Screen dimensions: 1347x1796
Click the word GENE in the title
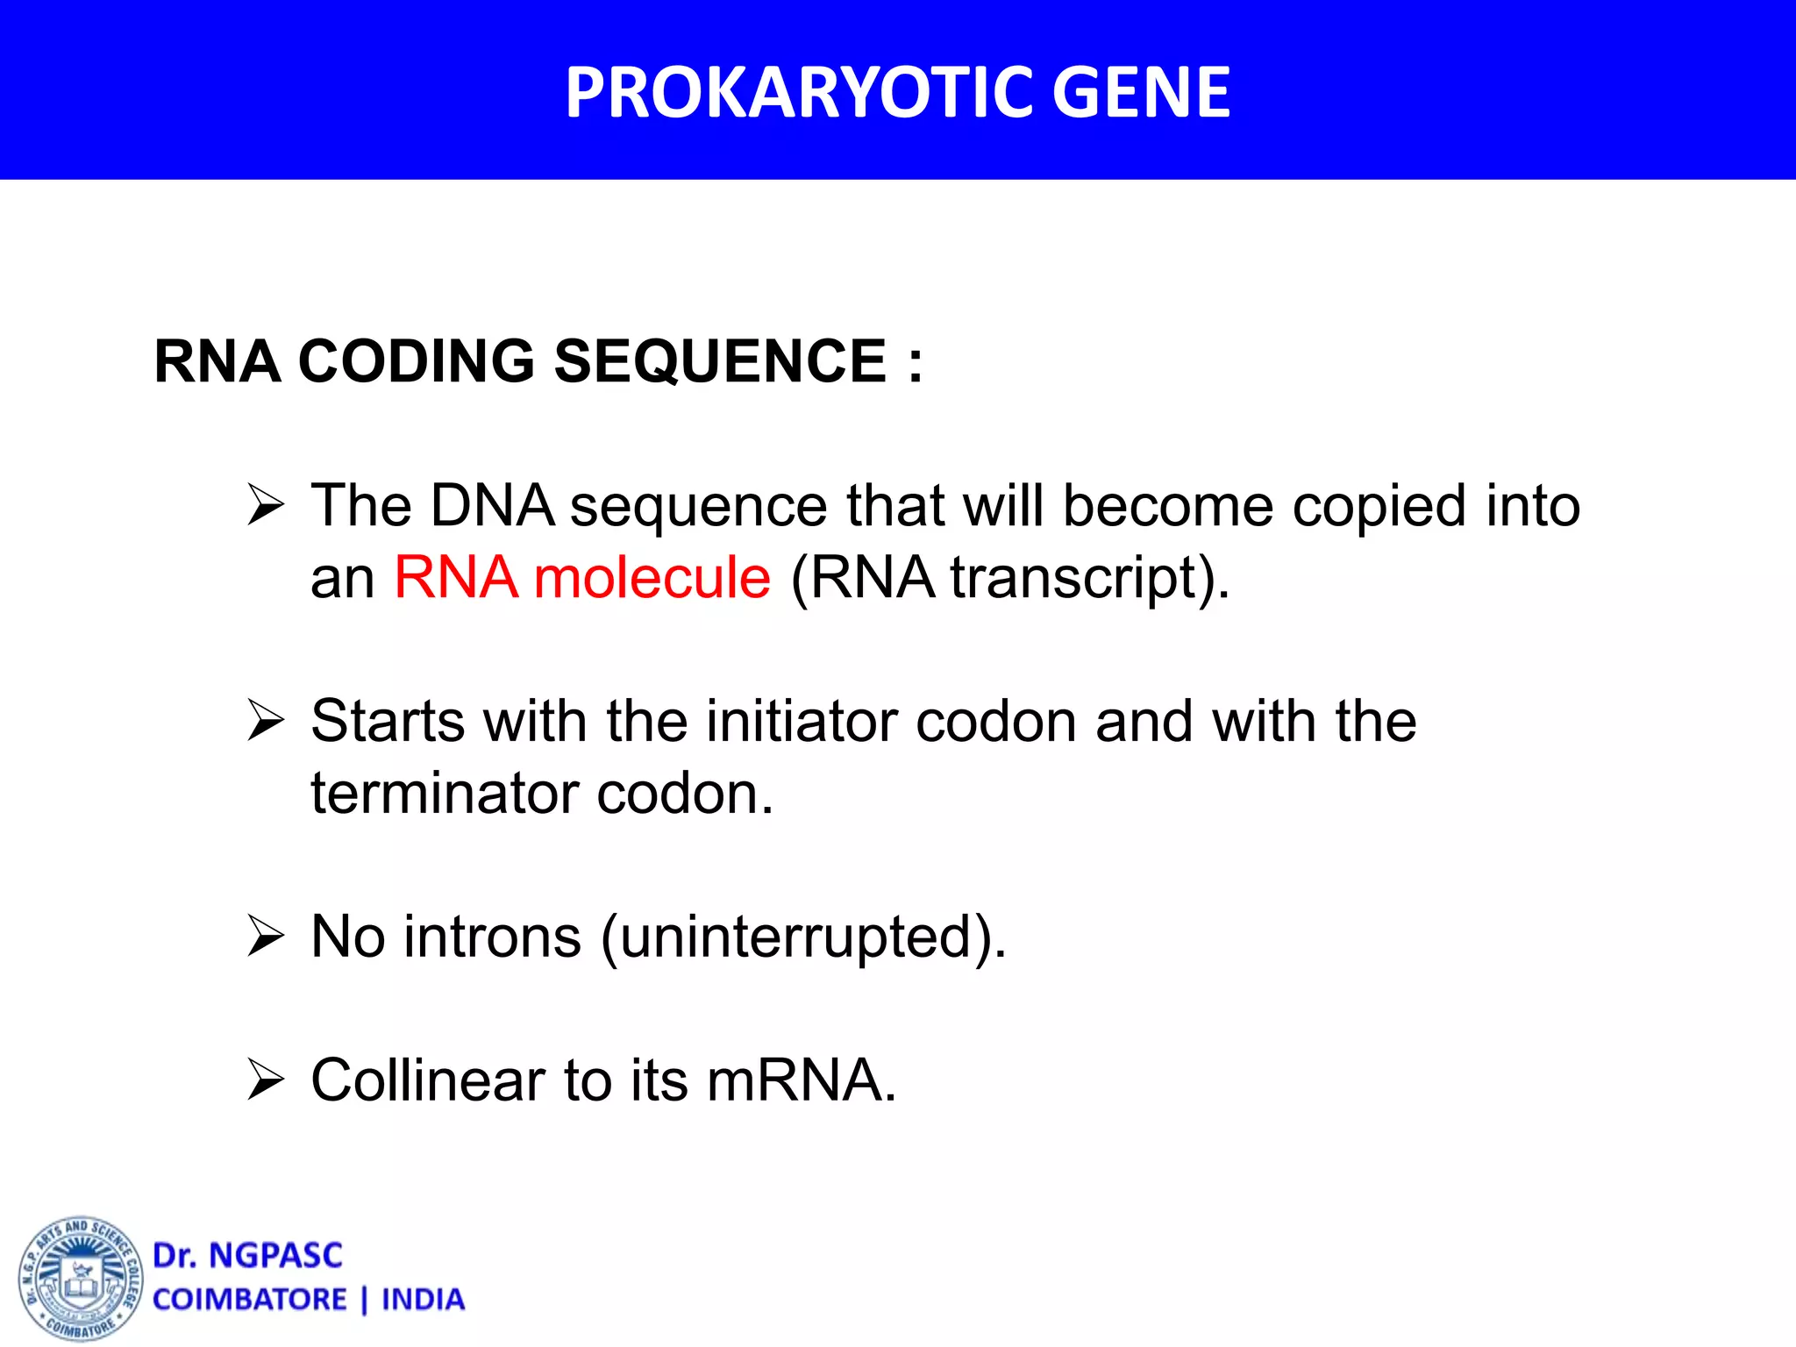point(1141,92)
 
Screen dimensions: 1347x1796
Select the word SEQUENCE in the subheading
point(720,361)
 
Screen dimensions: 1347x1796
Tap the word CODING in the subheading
point(417,361)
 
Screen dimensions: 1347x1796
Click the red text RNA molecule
point(582,578)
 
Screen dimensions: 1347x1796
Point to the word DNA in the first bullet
point(493,506)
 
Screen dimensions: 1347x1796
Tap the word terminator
point(445,794)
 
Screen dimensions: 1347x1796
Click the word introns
point(492,937)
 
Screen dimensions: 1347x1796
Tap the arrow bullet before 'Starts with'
point(266,721)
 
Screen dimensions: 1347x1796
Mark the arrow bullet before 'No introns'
point(266,936)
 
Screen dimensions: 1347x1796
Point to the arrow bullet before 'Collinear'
point(266,1080)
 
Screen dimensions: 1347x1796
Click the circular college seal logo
point(81,1279)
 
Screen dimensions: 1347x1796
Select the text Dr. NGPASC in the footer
point(247,1256)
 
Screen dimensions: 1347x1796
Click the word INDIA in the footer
point(423,1300)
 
